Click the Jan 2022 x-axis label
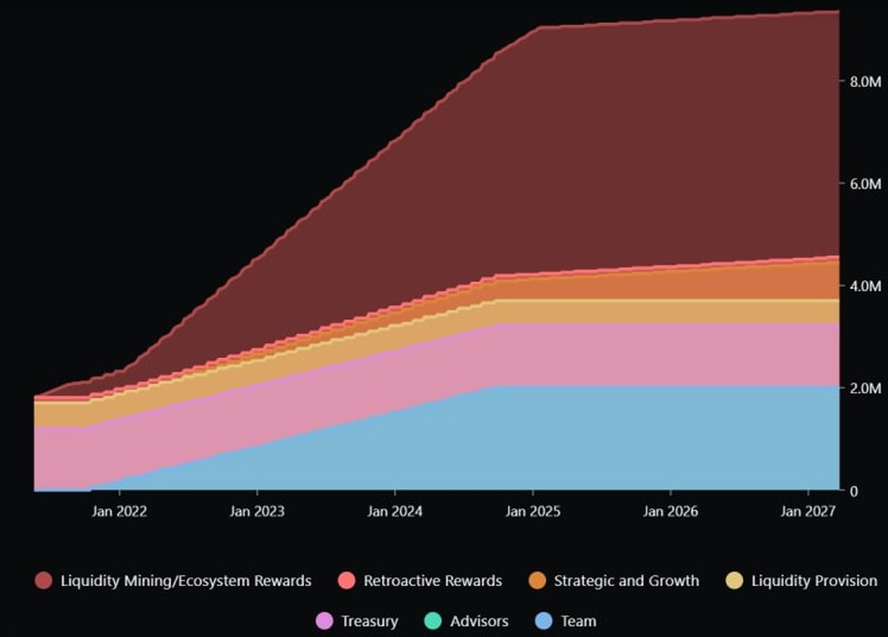[120, 511]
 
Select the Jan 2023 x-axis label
[257, 511]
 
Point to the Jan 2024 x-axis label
[395, 511]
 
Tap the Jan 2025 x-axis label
[532, 511]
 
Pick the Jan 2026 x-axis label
[670, 511]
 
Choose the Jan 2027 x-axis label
[808, 511]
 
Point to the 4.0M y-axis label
[865, 286]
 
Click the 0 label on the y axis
[854, 491]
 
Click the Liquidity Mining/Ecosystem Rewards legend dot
[43, 581]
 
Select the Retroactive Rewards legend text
[433, 581]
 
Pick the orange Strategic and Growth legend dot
[537, 581]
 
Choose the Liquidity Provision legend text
[814, 581]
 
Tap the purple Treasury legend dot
[324, 621]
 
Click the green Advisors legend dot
[433, 621]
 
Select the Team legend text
[579, 621]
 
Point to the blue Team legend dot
[544, 621]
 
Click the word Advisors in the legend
[479, 621]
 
